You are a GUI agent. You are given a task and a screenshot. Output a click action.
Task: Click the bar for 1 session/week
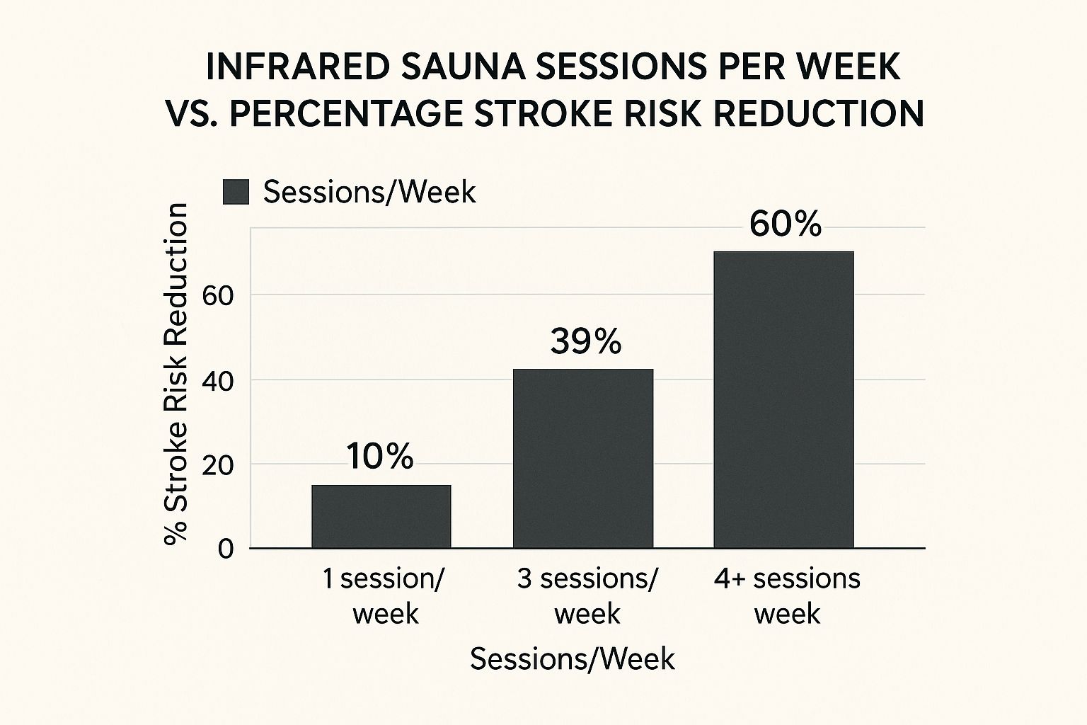[x=381, y=516]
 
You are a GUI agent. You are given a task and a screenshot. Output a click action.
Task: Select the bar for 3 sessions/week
[x=583, y=458]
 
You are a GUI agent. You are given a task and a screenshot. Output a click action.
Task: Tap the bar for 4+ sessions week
[x=783, y=399]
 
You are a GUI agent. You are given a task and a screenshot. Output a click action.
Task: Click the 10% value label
[x=380, y=457]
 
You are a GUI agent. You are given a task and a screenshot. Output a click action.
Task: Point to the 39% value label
[x=585, y=342]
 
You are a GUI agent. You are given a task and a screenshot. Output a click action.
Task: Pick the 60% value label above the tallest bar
[x=785, y=224]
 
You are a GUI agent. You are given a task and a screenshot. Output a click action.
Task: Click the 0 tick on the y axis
[x=226, y=549]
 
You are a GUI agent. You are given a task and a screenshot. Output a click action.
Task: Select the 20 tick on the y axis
[x=218, y=465]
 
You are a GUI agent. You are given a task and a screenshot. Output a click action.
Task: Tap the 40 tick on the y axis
[x=218, y=381]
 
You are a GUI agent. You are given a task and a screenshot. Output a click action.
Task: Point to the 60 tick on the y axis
[x=218, y=296]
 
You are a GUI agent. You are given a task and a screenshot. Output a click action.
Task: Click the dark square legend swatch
[x=236, y=192]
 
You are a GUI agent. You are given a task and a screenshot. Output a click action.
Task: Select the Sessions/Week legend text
[x=369, y=192]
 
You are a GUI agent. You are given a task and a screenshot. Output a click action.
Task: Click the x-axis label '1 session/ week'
[x=384, y=596]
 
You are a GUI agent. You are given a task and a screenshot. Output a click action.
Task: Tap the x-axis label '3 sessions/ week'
[x=587, y=596]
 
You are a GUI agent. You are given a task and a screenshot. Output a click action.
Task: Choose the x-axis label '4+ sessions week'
[x=787, y=596]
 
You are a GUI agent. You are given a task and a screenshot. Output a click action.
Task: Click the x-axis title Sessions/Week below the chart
[x=573, y=659]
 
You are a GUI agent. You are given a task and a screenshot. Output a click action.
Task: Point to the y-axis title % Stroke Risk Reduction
[x=176, y=373]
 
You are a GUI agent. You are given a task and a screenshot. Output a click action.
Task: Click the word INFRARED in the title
[x=297, y=68]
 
